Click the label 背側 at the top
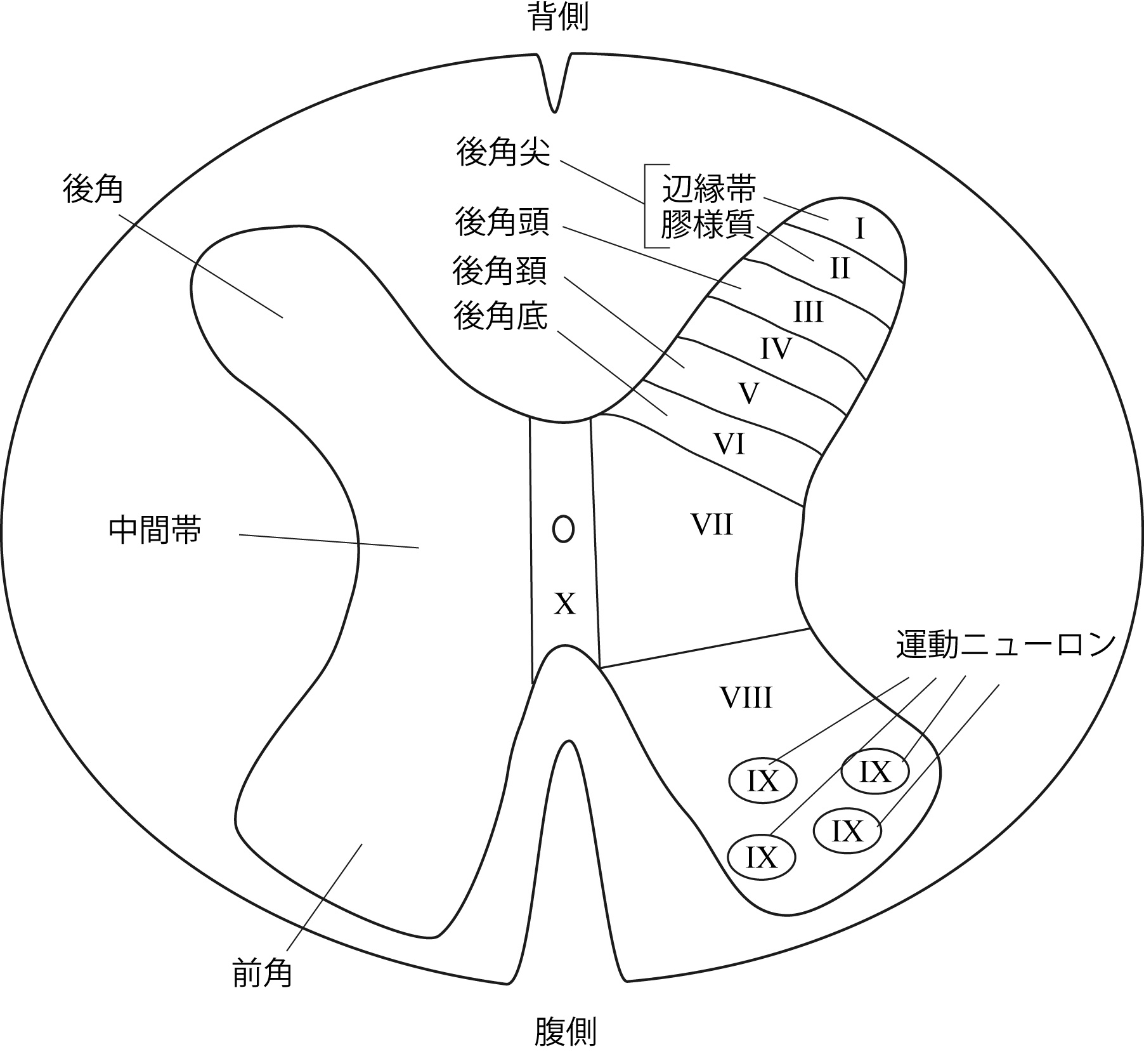click(559, 18)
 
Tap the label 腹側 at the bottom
click(565, 1032)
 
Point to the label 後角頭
click(502, 222)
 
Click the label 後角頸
click(500, 272)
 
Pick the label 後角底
click(501, 316)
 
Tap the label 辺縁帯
click(709, 189)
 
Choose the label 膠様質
click(708, 225)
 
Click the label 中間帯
click(155, 530)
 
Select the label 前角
click(262, 972)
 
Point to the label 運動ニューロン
click(1006, 645)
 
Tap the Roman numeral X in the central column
click(564, 603)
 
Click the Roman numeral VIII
click(746, 698)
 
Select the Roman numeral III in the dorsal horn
click(808, 312)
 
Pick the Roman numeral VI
click(729, 444)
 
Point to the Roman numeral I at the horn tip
click(860, 229)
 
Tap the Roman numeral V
click(749, 394)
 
